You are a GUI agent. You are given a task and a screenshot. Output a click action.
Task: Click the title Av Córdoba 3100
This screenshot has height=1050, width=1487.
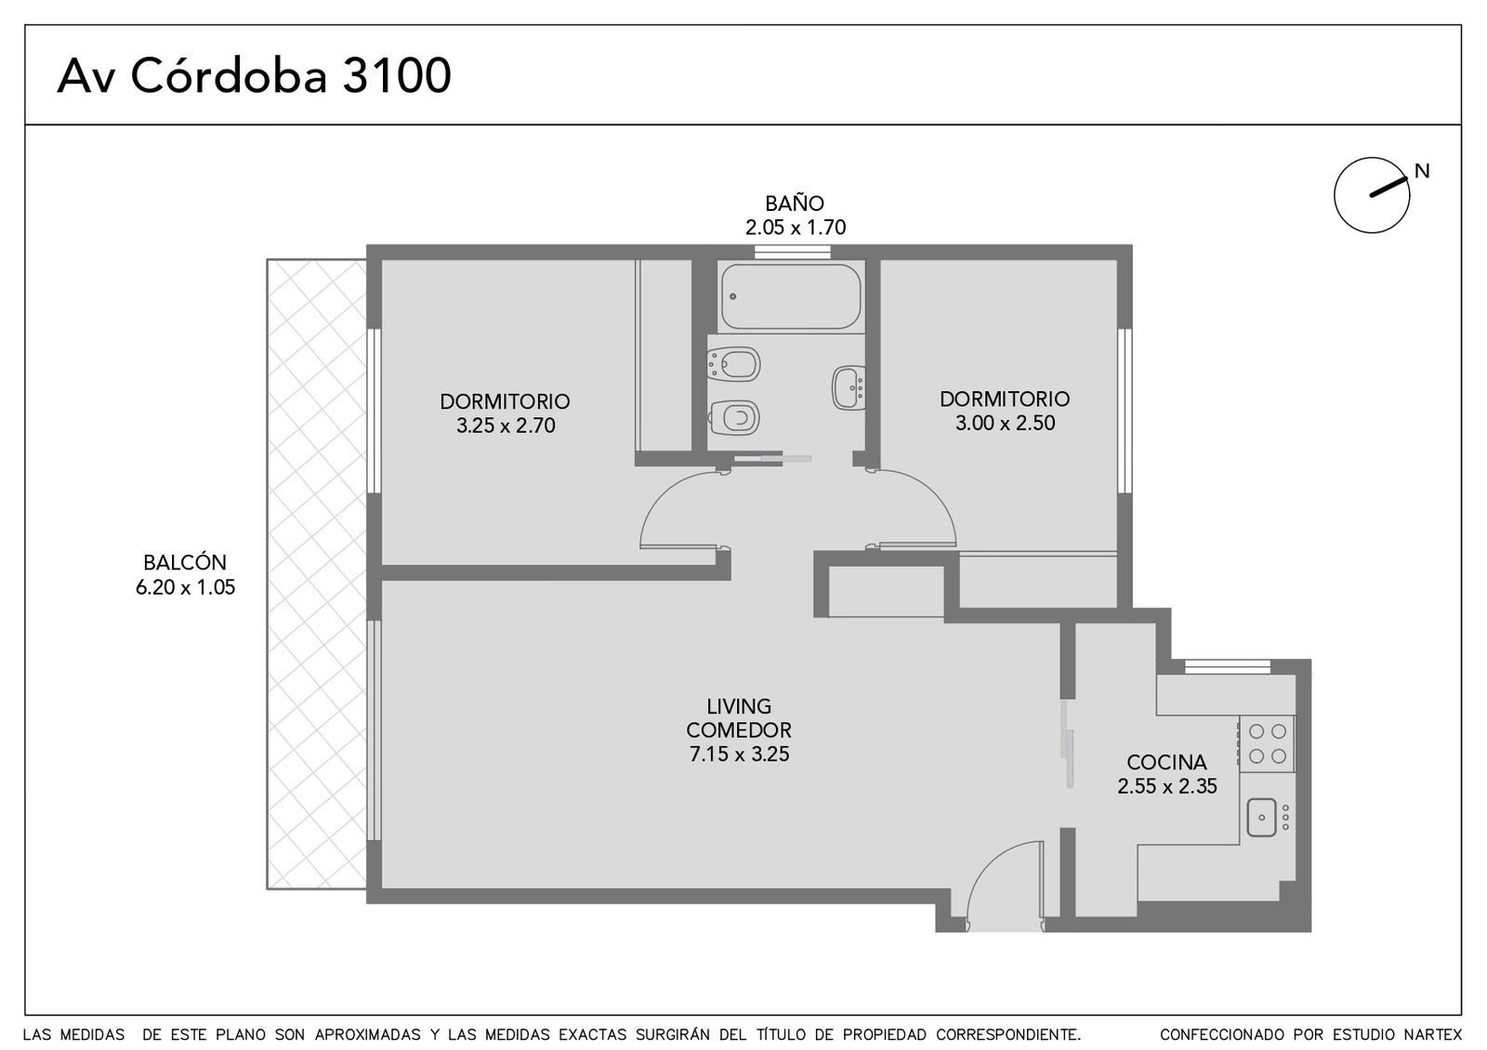coord(255,75)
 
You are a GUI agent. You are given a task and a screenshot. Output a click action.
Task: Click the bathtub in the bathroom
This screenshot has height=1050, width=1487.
coord(791,296)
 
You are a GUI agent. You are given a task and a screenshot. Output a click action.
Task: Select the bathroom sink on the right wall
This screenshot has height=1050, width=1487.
coord(849,387)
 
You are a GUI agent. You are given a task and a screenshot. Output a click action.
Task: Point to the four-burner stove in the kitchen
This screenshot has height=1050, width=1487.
coord(1268,743)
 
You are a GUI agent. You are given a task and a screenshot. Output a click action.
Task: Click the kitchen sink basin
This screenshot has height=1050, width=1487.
coord(1261,817)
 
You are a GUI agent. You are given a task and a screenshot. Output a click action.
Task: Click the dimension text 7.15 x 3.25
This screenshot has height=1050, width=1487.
coord(739,754)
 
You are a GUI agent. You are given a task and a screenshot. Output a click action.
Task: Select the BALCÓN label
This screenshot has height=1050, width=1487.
coord(185,562)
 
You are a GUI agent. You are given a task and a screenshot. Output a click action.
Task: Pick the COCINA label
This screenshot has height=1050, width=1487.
coord(1166,762)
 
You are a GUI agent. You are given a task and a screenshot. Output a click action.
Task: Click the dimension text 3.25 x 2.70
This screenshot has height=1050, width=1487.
coord(506,426)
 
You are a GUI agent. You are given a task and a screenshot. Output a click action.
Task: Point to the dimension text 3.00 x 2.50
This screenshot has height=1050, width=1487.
coord(1005,423)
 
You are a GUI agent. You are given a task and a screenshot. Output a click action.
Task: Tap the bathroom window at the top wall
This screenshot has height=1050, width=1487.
coord(793,252)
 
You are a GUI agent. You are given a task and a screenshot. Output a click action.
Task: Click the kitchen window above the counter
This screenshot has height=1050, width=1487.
coord(1228,666)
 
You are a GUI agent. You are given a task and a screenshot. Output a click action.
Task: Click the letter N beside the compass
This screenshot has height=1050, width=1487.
coord(1422,171)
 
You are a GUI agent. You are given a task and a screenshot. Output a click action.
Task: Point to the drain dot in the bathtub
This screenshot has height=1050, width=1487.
coord(733,296)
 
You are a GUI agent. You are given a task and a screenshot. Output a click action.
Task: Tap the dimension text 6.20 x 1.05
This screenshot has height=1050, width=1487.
coord(185,587)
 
